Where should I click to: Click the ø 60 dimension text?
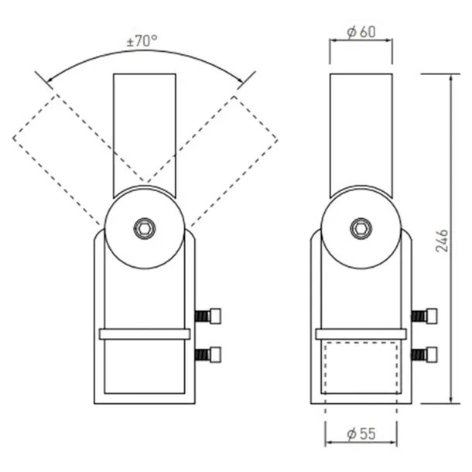coord(361,32)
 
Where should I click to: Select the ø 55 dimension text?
coord(361,434)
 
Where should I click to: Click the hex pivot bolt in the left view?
coord(145,228)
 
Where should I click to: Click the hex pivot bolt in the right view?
coord(361,228)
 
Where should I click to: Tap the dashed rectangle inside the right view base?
coord(361,370)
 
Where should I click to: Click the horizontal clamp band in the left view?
coord(145,334)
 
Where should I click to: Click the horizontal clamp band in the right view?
coord(361,334)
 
